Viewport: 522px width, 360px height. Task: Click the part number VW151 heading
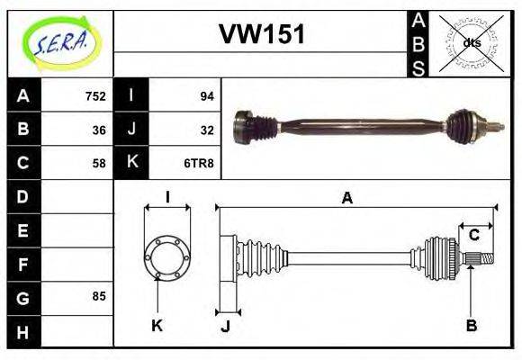(262, 34)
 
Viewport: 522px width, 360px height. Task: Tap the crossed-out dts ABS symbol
(471, 42)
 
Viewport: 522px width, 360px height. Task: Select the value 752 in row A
(95, 96)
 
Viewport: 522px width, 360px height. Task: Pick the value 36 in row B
(99, 130)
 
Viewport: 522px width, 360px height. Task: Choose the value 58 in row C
(99, 164)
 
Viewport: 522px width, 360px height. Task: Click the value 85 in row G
(99, 296)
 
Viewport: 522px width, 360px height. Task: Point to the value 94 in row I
(206, 96)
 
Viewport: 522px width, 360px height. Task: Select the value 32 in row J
(206, 130)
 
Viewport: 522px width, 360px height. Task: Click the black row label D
(23, 196)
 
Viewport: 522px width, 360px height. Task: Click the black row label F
(23, 264)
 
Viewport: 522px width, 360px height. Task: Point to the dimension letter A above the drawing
(346, 199)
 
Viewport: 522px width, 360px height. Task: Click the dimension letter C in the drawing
(472, 236)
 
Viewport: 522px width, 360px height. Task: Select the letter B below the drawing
(471, 324)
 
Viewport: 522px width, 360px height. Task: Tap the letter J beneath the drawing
(225, 326)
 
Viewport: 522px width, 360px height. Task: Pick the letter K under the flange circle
(157, 326)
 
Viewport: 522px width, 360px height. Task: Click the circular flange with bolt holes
(166, 256)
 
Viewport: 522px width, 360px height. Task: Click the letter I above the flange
(167, 197)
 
